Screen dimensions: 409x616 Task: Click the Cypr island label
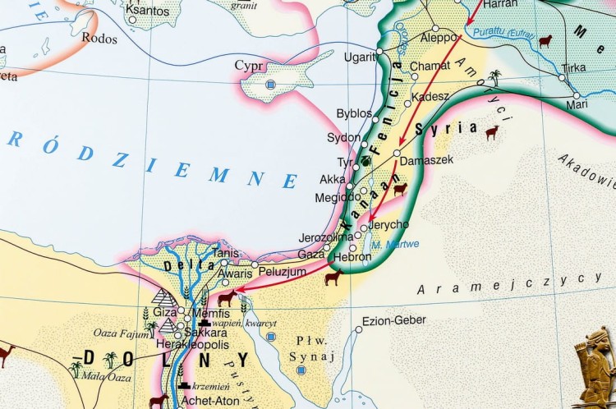pos(249,65)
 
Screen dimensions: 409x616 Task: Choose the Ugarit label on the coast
pos(358,57)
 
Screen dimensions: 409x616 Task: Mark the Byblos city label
pos(354,113)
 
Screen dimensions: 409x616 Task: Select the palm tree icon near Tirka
pos(494,77)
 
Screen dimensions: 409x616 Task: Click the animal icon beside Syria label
pos(491,131)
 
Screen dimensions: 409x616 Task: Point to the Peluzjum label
pos(282,269)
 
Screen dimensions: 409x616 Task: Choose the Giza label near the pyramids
pos(165,312)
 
